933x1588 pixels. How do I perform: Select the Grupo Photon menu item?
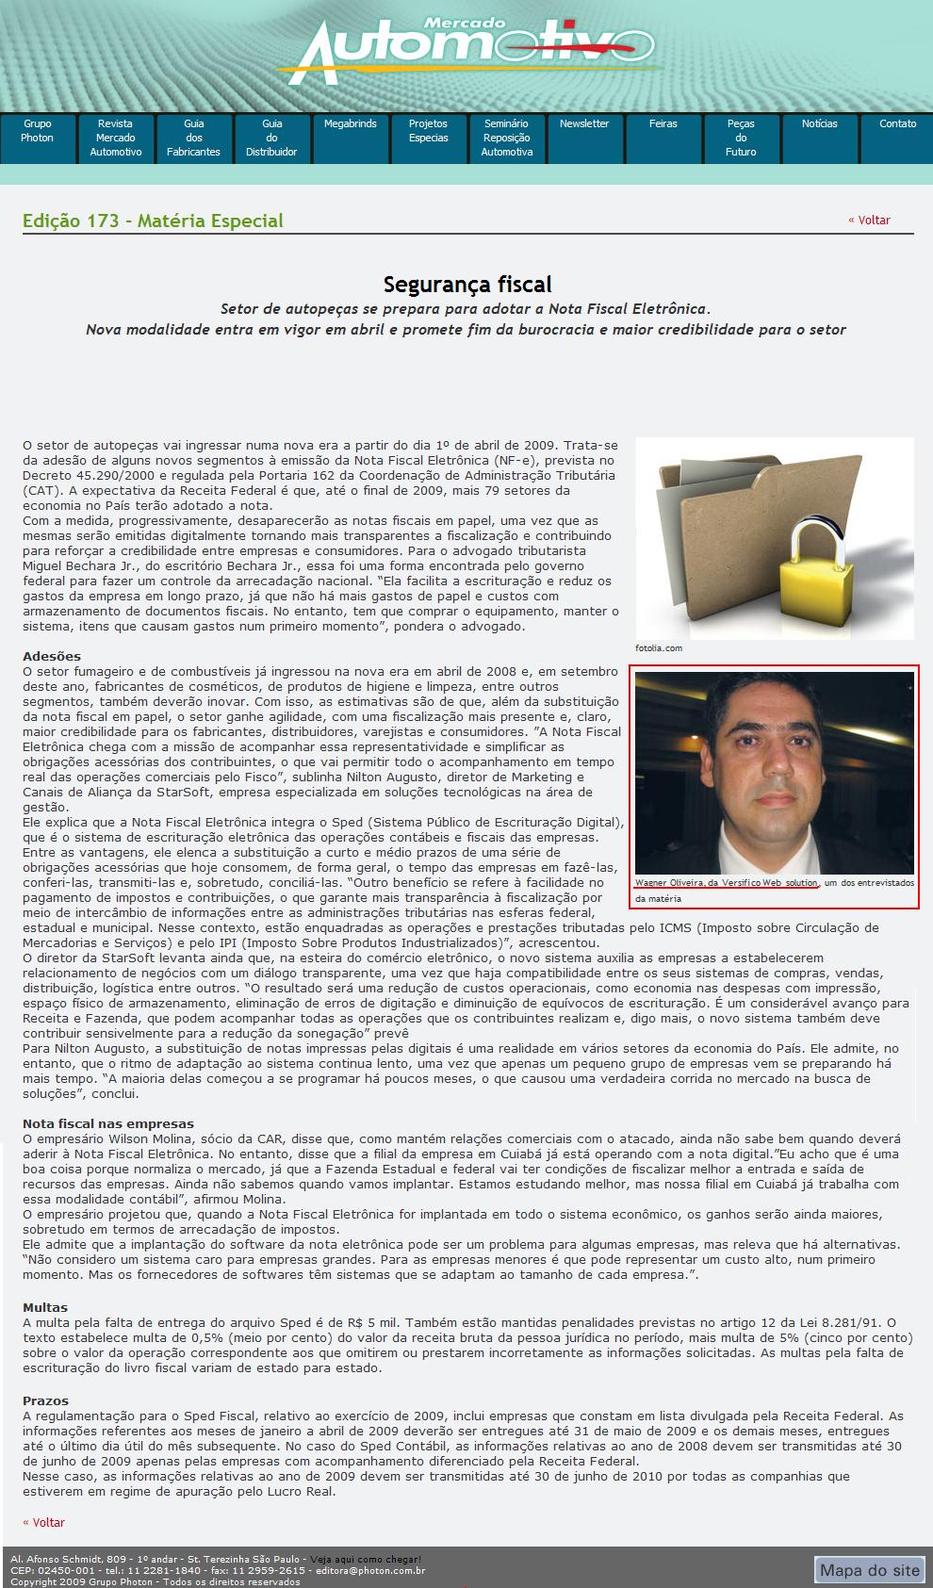pyautogui.click(x=38, y=131)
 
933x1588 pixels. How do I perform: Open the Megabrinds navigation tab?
pyautogui.click(x=350, y=124)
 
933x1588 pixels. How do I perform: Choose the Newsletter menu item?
pyautogui.click(x=584, y=124)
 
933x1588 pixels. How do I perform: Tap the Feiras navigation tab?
pyautogui.click(x=663, y=124)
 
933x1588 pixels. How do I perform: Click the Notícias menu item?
pyautogui.click(x=819, y=124)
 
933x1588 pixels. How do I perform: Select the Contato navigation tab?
pyautogui.click(x=897, y=124)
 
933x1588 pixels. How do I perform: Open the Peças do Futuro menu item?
pyautogui.click(x=741, y=138)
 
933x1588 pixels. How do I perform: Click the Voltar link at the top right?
pyautogui.click(x=868, y=221)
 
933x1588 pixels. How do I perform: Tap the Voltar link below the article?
pyautogui.click(x=44, y=1522)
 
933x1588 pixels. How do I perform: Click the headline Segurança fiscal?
pyautogui.click(x=467, y=285)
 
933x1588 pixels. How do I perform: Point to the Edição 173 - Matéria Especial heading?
pyautogui.click(x=153, y=221)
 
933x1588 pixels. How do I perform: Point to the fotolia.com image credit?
pyautogui.click(x=659, y=648)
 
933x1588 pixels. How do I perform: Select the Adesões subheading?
pyautogui.click(x=52, y=656)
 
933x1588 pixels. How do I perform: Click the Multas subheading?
pyautogui.click(x=45, y=1308)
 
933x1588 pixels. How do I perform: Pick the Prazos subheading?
pyautogui.click(x=45, y=1400)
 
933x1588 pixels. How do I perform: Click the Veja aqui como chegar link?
pyautogui.click(x=366, y=1560)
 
